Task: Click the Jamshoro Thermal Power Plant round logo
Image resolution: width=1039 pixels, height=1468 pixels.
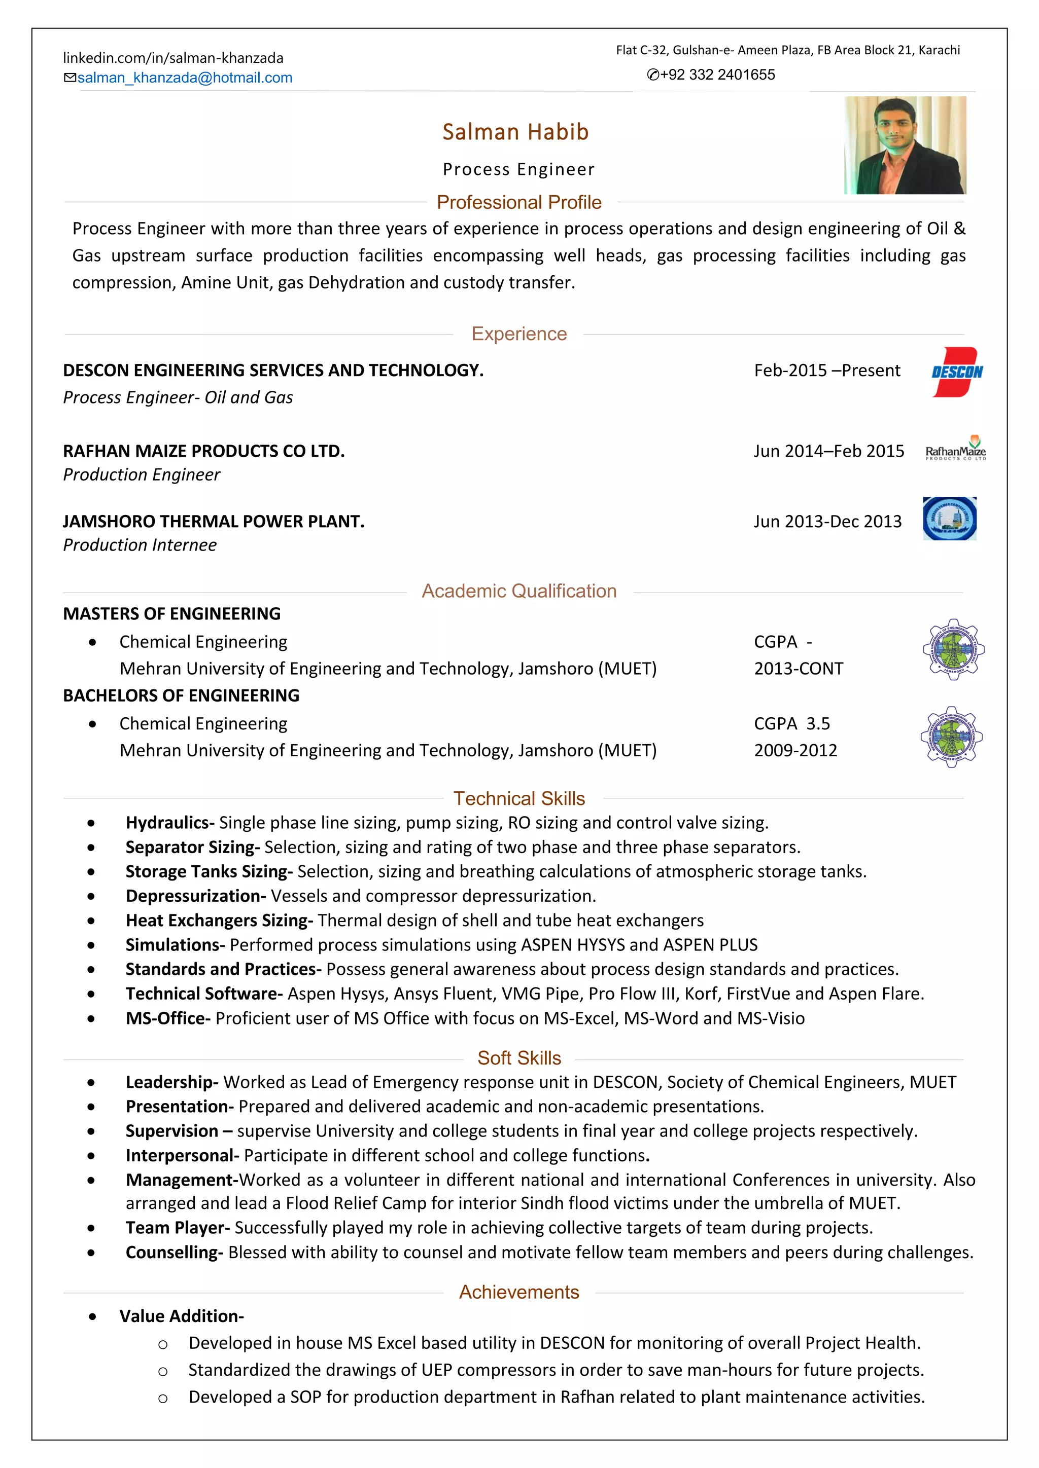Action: click(949, 519)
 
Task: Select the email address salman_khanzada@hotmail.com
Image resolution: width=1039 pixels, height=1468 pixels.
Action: click(184, 78)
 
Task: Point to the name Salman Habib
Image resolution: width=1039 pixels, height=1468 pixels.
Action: click(515, 132)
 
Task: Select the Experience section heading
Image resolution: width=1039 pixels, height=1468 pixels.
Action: click(519, 334)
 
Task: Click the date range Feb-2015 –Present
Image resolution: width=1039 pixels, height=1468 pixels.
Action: click(826, 371)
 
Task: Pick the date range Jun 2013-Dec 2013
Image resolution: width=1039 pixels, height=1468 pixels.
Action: click(827, 522)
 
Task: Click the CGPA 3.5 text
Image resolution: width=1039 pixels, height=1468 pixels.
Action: click(791, 724)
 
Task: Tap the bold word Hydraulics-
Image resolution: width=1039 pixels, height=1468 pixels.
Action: click(169, 823)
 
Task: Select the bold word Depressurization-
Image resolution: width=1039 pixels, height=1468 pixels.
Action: click(195, 896)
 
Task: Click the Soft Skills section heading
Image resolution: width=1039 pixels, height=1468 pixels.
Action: click(519, 1058)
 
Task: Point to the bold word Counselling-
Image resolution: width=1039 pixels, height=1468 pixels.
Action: click(174, 1253)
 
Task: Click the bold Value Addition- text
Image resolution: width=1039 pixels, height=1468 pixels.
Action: click(181, 1316)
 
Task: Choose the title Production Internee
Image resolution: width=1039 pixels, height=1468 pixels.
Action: click(140, 545)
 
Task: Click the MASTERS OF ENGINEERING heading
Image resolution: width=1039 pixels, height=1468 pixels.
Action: click(171, 614)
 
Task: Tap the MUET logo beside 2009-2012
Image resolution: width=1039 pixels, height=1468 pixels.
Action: click(951, 737)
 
